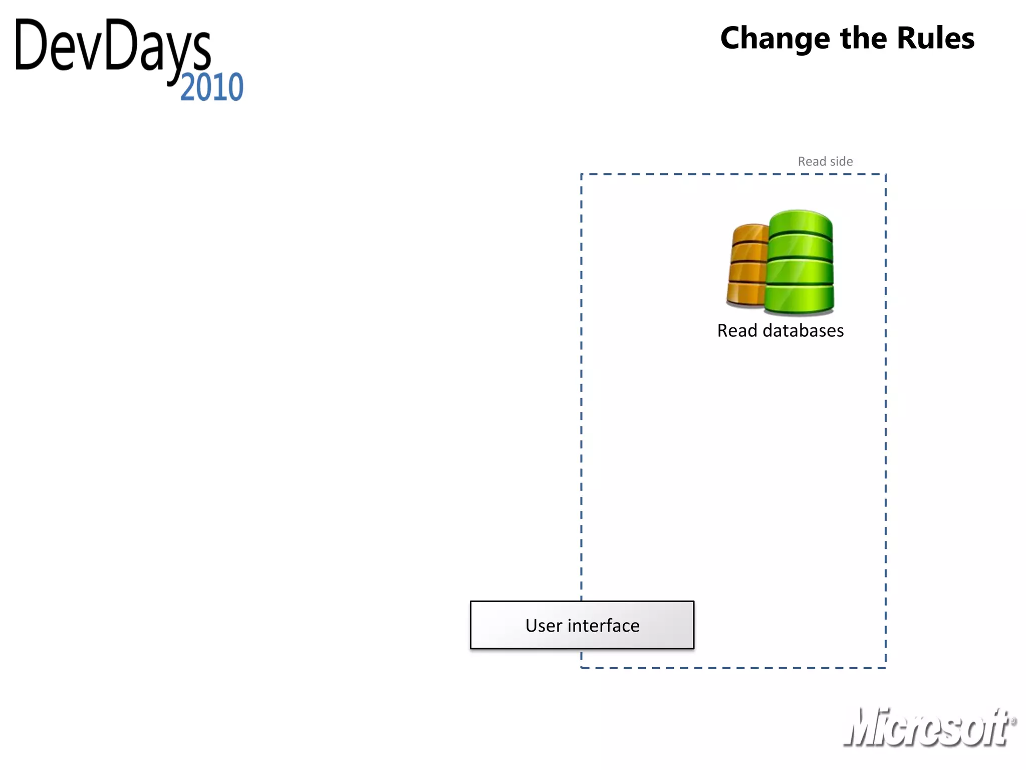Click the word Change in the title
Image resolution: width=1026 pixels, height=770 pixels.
[x=775, y=39]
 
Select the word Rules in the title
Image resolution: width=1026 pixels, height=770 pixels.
[x=935, y=39]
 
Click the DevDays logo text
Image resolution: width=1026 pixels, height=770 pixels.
[x=113, y=48]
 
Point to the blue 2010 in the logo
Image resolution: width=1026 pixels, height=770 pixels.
[x=211, y=88]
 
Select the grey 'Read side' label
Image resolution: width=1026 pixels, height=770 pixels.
[x=825, y=161]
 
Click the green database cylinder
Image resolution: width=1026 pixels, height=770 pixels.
[x=800, y=263]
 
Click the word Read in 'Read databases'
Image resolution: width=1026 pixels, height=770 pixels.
[x=737, y=331]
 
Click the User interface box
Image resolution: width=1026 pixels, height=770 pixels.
[x=582, y=625]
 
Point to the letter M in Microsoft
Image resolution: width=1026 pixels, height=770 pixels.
[x=864, y=727]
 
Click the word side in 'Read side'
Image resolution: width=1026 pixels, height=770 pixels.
[x=842, y=161]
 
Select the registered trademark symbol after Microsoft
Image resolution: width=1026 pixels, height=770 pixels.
[x=1013, y=721]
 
